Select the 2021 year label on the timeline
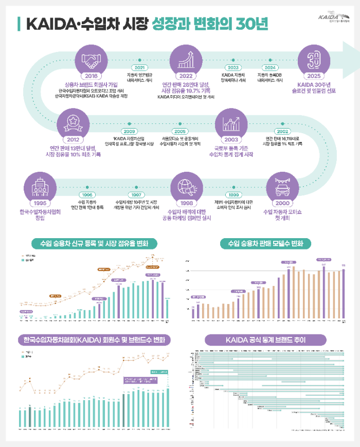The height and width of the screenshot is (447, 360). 139,67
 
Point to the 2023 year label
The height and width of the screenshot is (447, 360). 233,67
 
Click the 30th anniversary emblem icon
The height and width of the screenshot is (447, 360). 314,61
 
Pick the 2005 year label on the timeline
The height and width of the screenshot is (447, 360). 180,131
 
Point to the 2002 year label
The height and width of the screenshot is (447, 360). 282,131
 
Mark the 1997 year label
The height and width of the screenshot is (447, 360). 136,195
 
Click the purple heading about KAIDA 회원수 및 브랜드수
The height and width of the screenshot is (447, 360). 94,340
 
